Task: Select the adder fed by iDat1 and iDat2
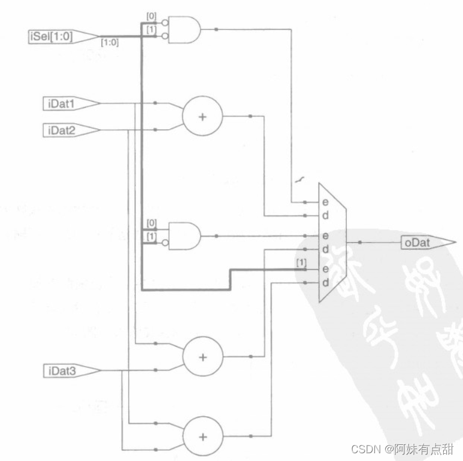click(x=202, y=116)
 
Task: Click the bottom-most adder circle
click(x=202, y=436)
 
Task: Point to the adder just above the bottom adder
click(x=202, y=357)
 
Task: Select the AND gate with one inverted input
click(x=184, y=236)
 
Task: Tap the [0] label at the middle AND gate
click(x=152, y=223)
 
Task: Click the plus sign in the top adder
click(x=202, y=116)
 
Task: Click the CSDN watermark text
click(x=401, y=448)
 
